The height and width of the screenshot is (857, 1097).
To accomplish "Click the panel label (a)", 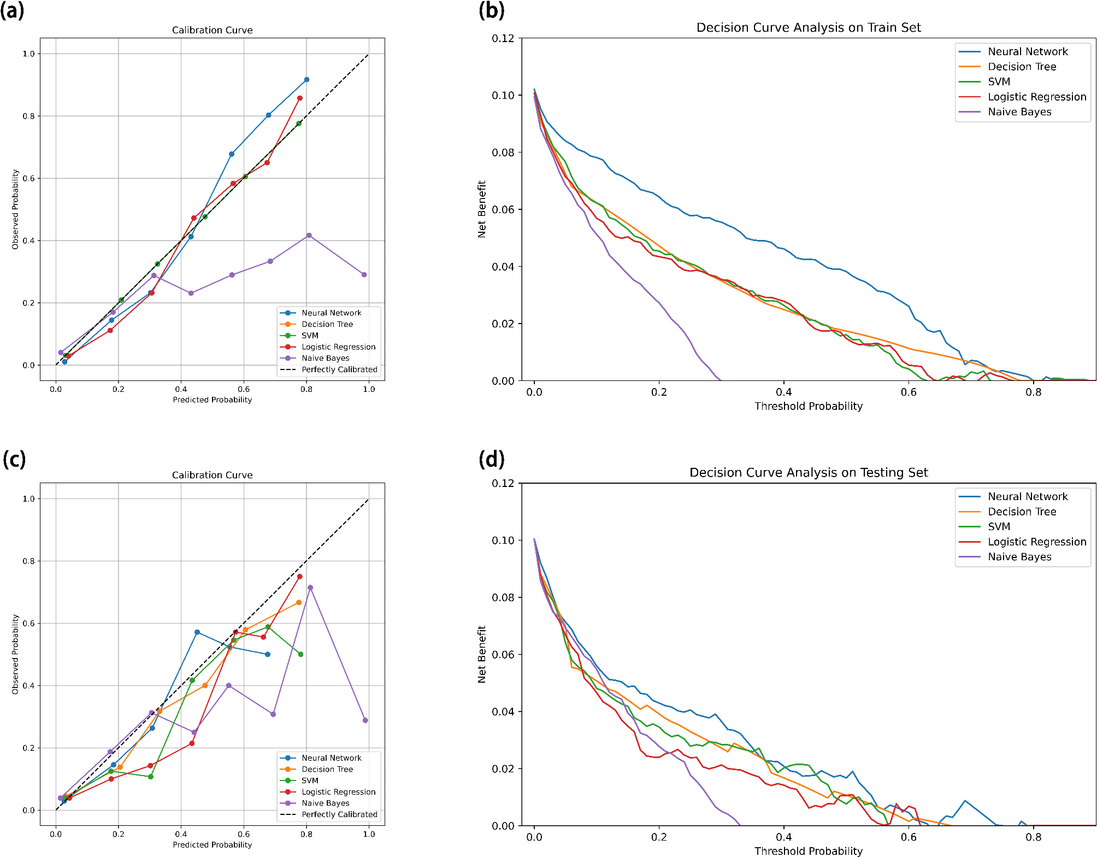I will click(x=12, y=11).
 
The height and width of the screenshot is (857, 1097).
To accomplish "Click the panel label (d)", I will click(x=491, y=459).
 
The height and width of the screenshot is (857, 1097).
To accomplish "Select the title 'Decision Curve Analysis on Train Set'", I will click(x=808, y=27).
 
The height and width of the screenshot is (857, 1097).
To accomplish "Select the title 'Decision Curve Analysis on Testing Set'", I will click(x=808, y=472).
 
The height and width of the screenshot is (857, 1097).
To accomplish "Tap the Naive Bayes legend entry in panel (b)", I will click(x=1019, y=112).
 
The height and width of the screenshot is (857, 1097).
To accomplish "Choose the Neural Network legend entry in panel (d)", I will click(x=1027, y=496).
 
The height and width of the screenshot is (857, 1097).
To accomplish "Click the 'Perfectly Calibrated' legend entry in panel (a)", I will click(x=339, y=369).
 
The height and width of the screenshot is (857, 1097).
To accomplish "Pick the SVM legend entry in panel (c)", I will click(x=310, y=780).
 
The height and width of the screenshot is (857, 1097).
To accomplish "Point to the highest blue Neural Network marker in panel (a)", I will click(x=306, y=80).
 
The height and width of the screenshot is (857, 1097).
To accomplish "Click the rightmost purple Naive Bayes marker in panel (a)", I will click(x=364, y=275).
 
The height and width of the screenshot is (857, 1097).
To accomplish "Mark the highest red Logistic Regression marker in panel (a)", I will click(x=300, y=98).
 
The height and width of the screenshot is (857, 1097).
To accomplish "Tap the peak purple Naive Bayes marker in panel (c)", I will click(x=310, y=588).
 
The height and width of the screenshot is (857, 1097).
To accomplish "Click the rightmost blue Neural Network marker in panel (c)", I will click(x=268, y=654).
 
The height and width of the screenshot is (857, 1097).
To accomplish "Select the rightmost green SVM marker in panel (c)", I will click(x=300, y=654).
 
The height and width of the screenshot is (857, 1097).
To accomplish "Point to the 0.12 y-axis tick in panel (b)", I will click(x=503, y=38).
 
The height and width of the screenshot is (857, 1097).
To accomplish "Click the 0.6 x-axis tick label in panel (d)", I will click(x=909, y=837).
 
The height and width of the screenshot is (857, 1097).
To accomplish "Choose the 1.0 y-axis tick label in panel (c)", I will click(x=28, y=498).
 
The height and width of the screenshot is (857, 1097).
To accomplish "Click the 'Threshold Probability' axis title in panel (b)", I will click(x=808, y=406).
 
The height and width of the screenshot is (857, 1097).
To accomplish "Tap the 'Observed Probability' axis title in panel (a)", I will click(x=15, y=209).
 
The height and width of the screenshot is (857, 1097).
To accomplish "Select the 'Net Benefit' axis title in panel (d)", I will click(x=482, y=654).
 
